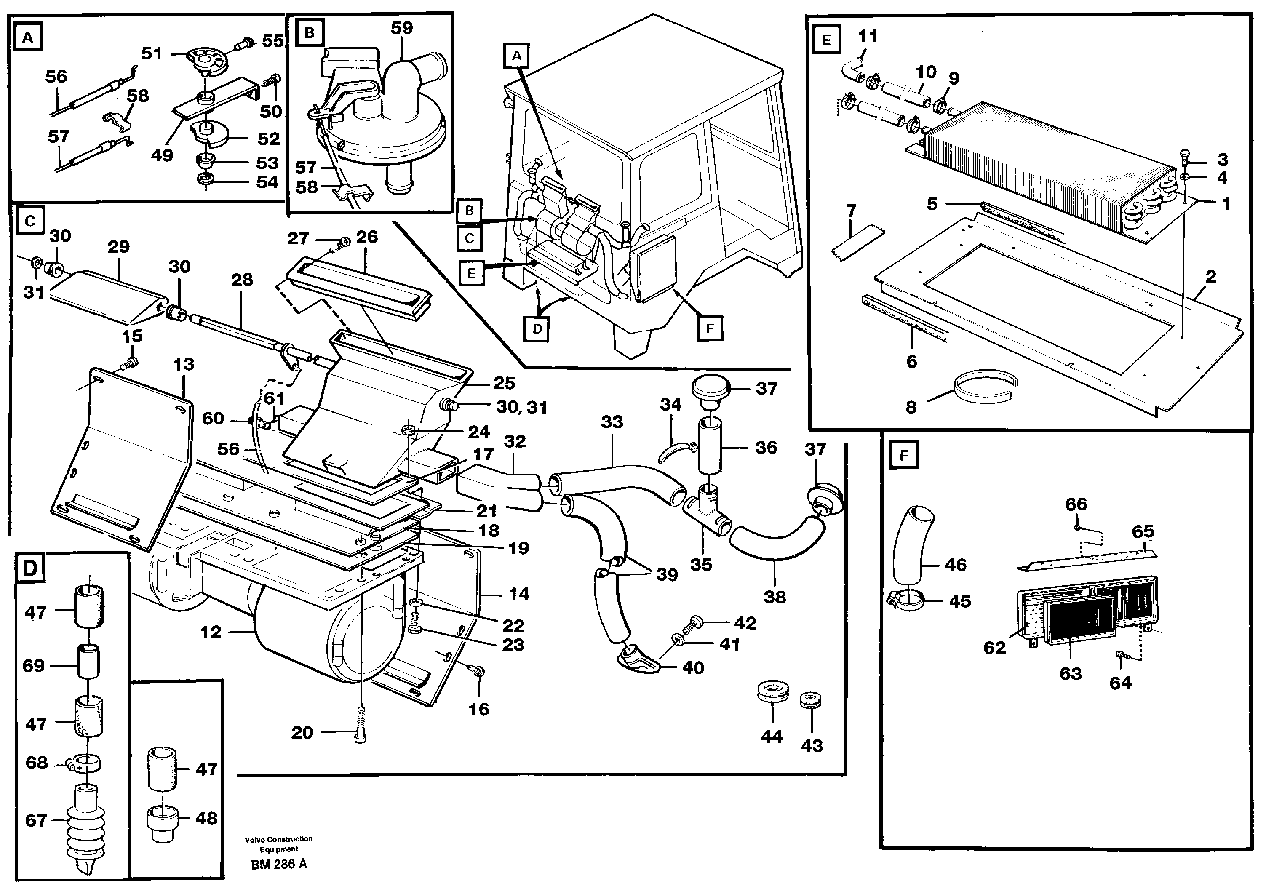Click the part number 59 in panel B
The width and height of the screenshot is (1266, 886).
(x=401, y=27)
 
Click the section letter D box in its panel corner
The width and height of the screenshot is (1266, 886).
(x=30, y=568)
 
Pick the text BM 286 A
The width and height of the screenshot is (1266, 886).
(x=279, y=864)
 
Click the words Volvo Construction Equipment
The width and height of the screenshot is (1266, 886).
(x=279, y=843)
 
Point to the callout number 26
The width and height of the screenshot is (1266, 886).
(x=367, y=237)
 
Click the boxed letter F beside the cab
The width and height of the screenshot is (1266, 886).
(x=710, y=329)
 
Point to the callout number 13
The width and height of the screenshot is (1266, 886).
(x=184, y=364)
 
